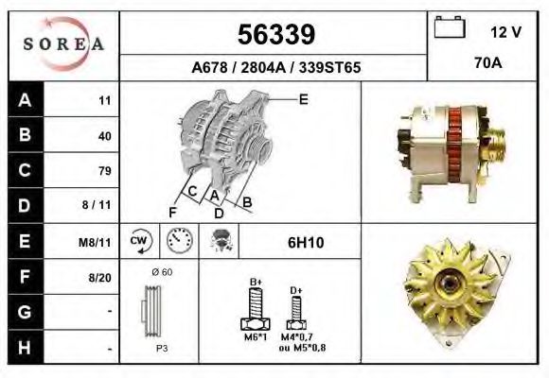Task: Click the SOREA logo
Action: (x=63, y=43)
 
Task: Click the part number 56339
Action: (x=276, y=34)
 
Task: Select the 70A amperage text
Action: (x=488, y=63)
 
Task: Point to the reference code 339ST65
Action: (x=329, y=67)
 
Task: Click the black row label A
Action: (x=26, y=100)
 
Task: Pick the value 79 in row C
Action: (x=105, y=171)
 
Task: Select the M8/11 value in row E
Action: (x=95, y=242)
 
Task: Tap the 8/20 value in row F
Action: (x=99, y=278)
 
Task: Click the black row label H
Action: (x=26, y=347)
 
